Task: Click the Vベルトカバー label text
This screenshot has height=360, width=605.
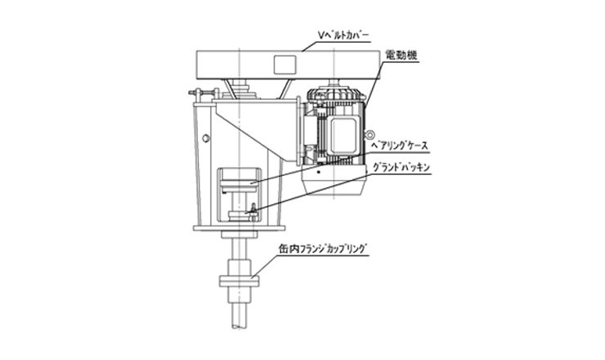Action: coord(343,36)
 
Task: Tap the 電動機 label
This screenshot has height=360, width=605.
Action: coord(401,56)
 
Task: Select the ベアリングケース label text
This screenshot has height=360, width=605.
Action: coord(399,146)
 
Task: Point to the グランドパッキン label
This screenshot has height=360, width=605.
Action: coord(401,168)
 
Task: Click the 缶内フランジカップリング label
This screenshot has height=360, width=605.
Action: coord(322,249)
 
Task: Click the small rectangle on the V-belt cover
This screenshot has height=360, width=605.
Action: coord(285,65)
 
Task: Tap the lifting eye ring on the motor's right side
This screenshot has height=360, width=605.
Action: coord(370,134)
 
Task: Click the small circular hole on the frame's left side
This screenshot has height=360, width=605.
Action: coord(206,138)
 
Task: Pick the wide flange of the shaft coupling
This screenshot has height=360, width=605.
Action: coord(239,281)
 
